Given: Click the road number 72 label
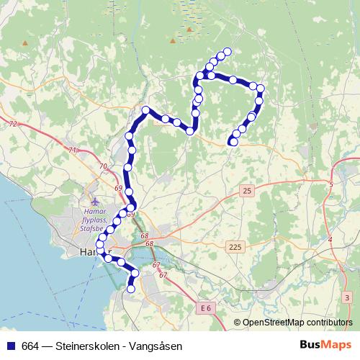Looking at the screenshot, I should click(x=12, y=125).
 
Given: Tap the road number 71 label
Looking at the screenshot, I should click(x=72, y=150).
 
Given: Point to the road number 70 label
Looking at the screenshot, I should click(x=103, y=167).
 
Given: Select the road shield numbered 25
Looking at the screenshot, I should click(x=247, y=191).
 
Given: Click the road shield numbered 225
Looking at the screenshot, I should click(x=235, y=247).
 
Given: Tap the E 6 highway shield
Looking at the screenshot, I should click(x=206, y=308).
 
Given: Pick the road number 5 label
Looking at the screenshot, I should click(x=330, y=185).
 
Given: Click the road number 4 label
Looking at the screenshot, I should click(x=330, y=238).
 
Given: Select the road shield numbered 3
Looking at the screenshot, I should click(x=346, y=297).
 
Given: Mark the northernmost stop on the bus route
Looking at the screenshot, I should click(x=228, y=51).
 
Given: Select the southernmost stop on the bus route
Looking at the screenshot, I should click(x=131, y=289).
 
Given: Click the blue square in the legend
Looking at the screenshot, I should click(x=11, y=346).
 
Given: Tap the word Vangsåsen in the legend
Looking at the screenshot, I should click(x=158, y=346).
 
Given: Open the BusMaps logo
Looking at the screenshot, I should click(x=325, y=346).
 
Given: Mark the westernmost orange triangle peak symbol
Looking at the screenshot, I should click(x=24, y=43).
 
